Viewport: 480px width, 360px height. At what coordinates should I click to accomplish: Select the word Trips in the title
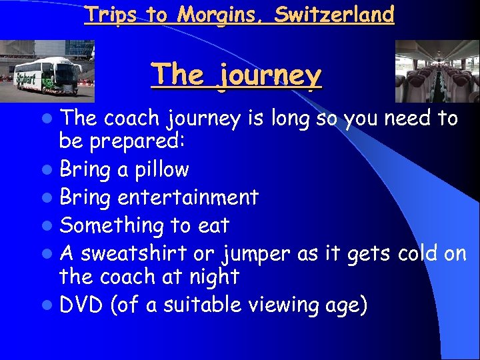pyautogui.click(x=108, y=14)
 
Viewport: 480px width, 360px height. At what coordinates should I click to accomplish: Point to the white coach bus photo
pyautogui.click(x=47, y=71)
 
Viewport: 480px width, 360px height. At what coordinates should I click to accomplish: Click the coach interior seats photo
pyautogui.click(x=437, y=71)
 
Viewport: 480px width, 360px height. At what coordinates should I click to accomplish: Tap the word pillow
pyautogui.click(x=162, y=169)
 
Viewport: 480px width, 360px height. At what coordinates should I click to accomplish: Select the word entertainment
pyautogui.click(x=187, y=197)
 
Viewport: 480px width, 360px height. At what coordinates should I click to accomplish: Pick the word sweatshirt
pyautogui.click(x=133, y=254)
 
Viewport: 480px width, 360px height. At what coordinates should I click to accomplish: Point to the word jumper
pyautogui.click(x=253, y=254)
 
